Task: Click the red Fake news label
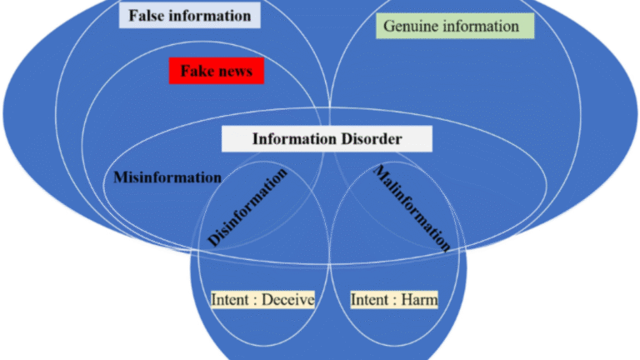216,72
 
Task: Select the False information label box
189,16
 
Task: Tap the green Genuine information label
451,26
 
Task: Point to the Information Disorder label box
327,138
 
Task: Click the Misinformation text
167,177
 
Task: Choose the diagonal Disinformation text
247,207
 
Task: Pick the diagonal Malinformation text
412,208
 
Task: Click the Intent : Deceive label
262,299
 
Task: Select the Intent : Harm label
394,299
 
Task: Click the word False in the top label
147,16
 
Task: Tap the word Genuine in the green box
409,26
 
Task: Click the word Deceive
284,299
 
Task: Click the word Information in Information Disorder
289,138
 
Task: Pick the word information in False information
211,16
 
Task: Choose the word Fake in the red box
196,72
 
